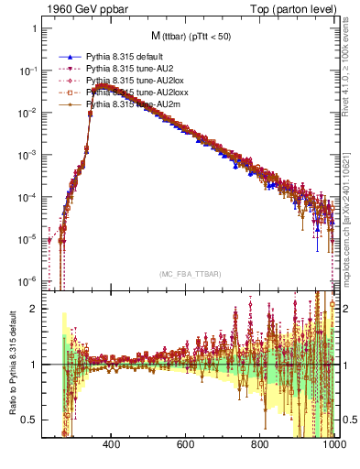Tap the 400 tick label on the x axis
[112, 445]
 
